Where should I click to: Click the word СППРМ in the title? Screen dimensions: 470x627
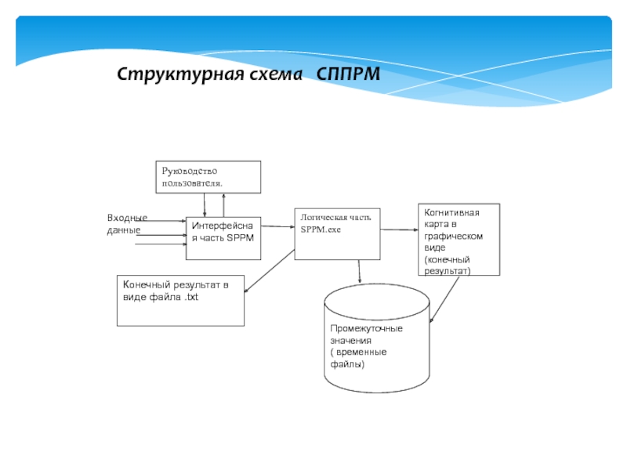click(348, 74)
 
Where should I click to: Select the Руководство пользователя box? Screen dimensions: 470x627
click(208, 176)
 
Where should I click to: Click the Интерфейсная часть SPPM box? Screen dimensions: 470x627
click(223, 237)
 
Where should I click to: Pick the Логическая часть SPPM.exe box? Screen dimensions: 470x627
click(337, 233)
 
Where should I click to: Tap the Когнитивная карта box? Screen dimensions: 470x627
click(458, 239)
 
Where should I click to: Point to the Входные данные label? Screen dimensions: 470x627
click(127, 223)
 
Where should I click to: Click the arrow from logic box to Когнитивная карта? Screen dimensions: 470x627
click(400, 229)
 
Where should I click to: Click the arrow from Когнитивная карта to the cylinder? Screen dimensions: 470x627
click(444, 298)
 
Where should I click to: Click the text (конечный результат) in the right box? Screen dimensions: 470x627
click(448, 264)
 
